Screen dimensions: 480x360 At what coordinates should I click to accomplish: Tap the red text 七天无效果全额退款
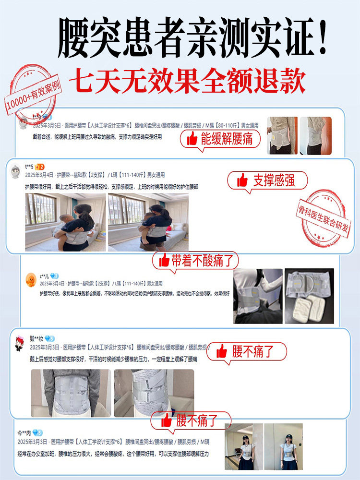[x=187, y=82]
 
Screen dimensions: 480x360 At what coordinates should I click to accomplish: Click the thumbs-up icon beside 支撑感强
[x=242, y=181]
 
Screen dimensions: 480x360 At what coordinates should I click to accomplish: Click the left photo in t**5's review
[x=65, y=222]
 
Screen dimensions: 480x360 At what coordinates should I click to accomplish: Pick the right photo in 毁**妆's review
[x=154, y=393]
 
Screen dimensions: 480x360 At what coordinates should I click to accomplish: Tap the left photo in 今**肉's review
[x=244, y=446]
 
